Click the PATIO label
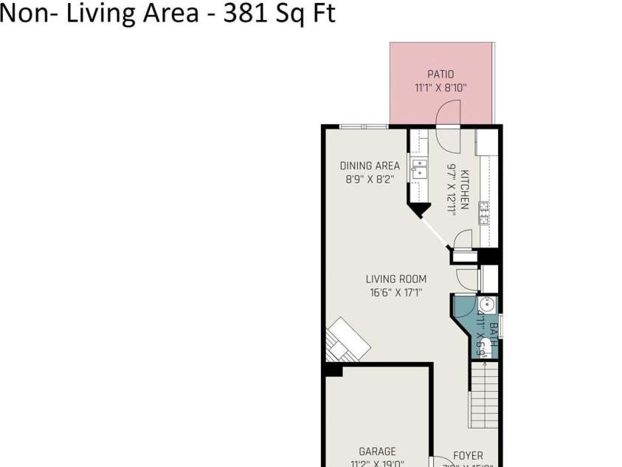click(x=440, y=74)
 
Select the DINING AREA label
click(x=370, y=166)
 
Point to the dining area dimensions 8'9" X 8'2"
click(x=370, y=179)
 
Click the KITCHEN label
click(x=465, y=190)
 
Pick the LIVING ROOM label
click(x=396, y=279)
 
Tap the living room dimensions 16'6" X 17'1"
click(x=396, y=293)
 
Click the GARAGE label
click(x=377, y=451)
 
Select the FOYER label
click(x=468, y=456)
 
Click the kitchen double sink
click(x=418, y=170)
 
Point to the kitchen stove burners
click(x=484, y=213)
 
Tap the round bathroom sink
click(x=487, y=304)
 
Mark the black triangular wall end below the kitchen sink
click(x=418, y=211)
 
